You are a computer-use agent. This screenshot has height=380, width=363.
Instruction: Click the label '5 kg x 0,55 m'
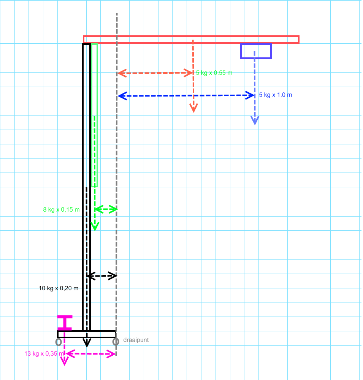click(214, 73)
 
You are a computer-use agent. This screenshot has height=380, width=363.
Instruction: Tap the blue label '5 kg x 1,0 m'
click(276, 95)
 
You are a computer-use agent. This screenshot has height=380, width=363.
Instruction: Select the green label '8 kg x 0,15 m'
click(61, 210)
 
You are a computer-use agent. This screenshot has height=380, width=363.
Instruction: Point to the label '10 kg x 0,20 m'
click(59, 288)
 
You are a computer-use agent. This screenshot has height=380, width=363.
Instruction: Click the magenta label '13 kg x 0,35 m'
click(44, 353)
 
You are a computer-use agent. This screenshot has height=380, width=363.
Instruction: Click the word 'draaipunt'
click(136, 340)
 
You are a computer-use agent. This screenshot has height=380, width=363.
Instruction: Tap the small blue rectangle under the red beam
click(256, 51)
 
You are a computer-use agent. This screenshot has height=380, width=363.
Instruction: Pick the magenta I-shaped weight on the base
click(65, 323)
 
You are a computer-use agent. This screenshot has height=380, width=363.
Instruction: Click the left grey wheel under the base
click(59, 342)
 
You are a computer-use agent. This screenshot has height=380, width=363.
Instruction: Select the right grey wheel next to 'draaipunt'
click(116, 342)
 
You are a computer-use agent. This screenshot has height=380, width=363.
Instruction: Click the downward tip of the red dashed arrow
click(193, 112)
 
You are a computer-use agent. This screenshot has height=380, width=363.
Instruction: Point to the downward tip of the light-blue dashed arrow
click(255, 125)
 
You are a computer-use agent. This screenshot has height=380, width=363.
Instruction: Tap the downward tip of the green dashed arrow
click(95, 231)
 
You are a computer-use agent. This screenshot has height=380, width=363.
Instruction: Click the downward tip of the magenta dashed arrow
click(65, 365)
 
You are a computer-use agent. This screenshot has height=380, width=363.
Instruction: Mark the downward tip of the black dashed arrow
click(87, 347)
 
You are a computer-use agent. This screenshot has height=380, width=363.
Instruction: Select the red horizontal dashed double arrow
click(155, 73)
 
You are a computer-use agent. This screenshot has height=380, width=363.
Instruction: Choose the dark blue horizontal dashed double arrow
click(186, 96)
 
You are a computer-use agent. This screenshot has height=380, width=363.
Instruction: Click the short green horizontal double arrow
click(106, 209)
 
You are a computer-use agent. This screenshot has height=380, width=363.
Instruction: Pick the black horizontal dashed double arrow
click(102, 276)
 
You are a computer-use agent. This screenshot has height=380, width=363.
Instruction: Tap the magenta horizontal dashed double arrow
click(90, 354)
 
